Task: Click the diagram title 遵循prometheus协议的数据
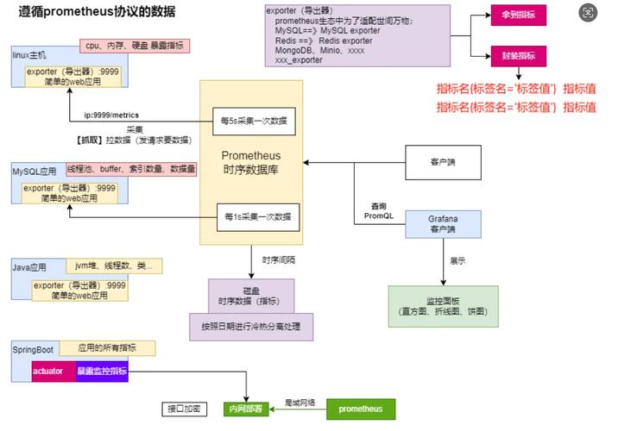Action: [x=96, y=11]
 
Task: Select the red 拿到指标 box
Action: [x=517, y=16]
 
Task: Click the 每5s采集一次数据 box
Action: [x=254, y=121]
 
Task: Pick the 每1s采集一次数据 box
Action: [x=258, y=216]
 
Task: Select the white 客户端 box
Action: [x=442, y=161]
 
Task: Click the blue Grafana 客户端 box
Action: [x=442, y=225]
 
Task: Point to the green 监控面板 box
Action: [x=443, y=306]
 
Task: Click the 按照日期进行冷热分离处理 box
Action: [x=251, y=327]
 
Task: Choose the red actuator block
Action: [x=47, y=371]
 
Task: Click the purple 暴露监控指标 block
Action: [x=102, y=371]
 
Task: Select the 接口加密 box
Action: [x=185, y=408]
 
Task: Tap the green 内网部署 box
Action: [x=246, y=409]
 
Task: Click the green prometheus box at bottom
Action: [x=360, y=409]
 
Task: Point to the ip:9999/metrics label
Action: [x=111, y=115]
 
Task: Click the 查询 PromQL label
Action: [x=378, y=210]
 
